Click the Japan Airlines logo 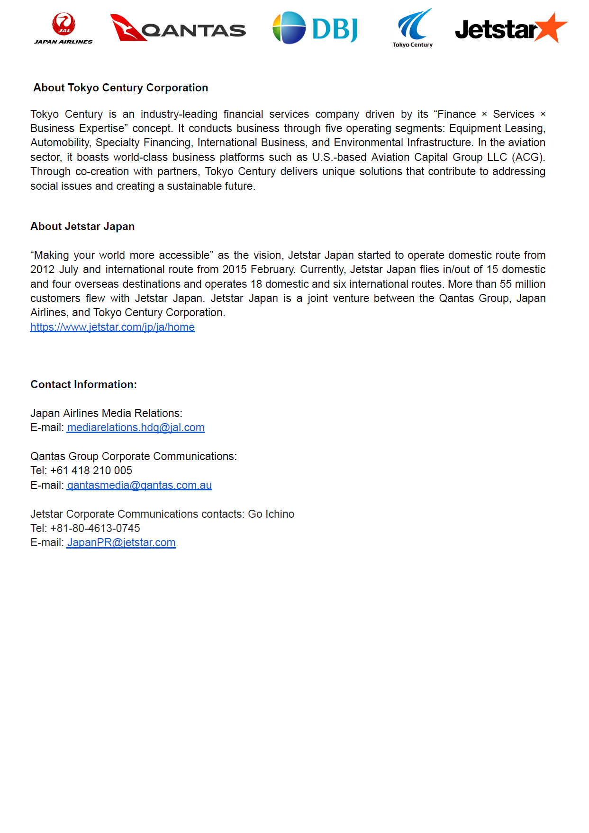63,28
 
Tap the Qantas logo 178,28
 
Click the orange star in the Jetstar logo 552,27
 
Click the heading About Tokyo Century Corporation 121,88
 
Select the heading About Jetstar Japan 82,227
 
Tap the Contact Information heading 83,385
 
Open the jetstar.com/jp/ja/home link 112,327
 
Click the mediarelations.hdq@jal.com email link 136,428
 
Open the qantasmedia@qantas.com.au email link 139,486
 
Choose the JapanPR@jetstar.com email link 121,543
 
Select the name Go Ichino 271,514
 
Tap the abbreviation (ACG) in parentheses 528,158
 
